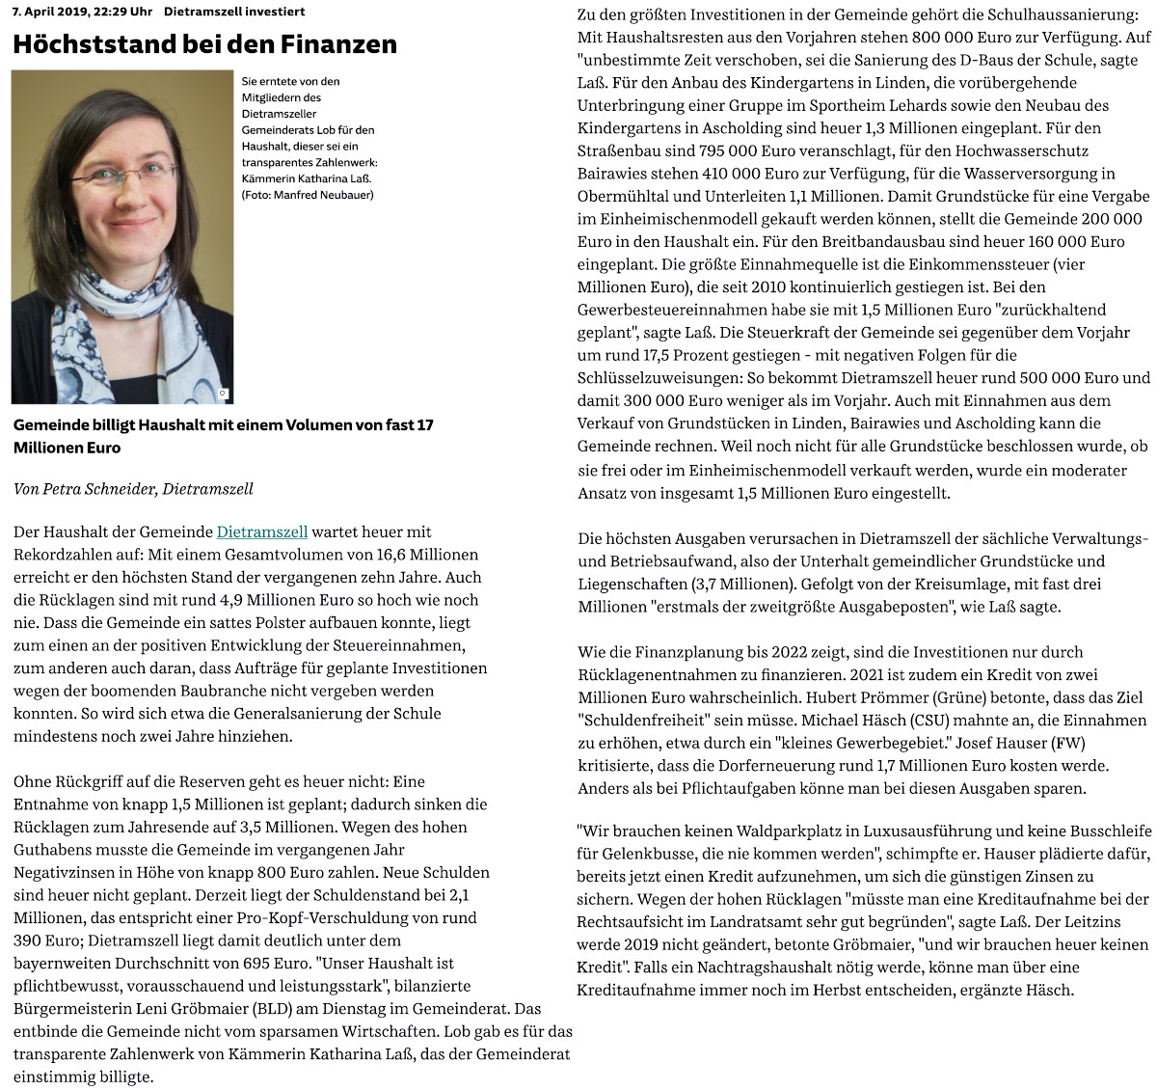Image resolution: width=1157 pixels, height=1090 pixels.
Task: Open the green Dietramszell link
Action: [262, 531]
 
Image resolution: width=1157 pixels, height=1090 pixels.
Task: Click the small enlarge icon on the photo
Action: [223, 393]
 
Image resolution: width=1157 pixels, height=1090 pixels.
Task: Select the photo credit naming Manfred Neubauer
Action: [307, 195]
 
